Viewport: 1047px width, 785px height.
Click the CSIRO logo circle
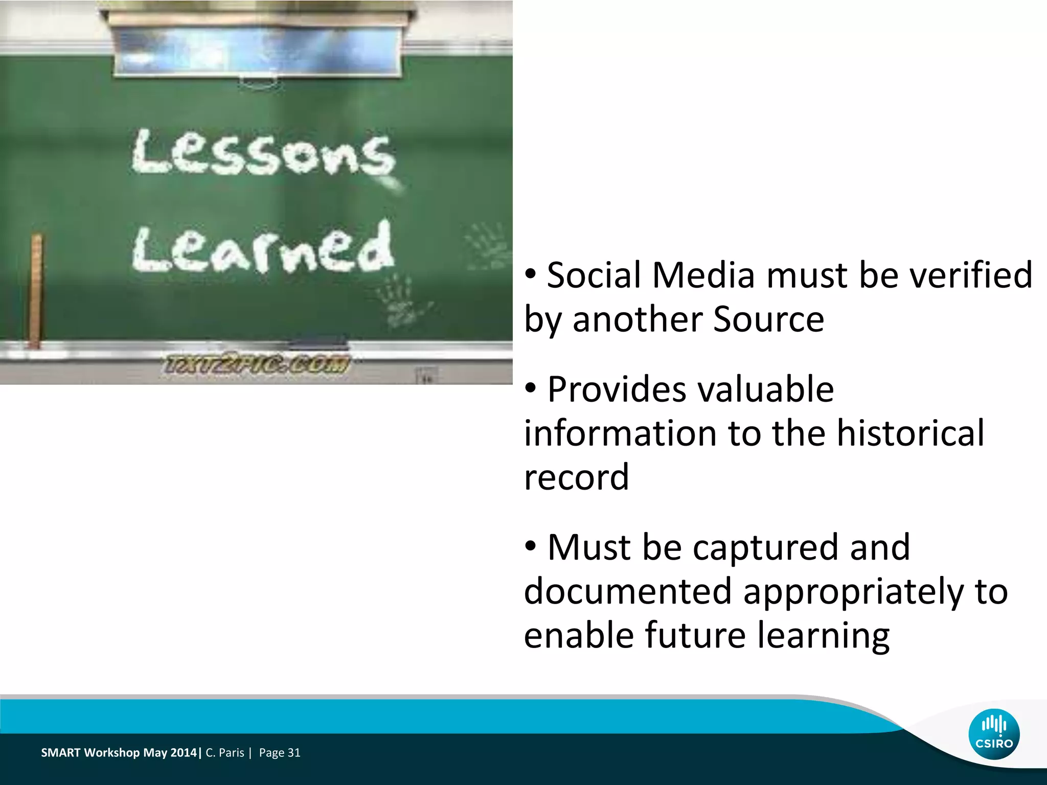(994, 734)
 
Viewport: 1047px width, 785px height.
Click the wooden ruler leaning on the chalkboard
(36, 291)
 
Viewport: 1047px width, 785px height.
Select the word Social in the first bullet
(594, 275)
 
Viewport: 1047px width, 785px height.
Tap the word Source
(768, 319)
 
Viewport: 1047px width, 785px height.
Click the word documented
(628, 591)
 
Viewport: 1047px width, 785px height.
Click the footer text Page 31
(280, 753)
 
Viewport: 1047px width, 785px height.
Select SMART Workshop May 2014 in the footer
(119, 753)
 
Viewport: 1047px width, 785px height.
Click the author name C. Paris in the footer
(224, 753)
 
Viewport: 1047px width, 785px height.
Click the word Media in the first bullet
(703, 275)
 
